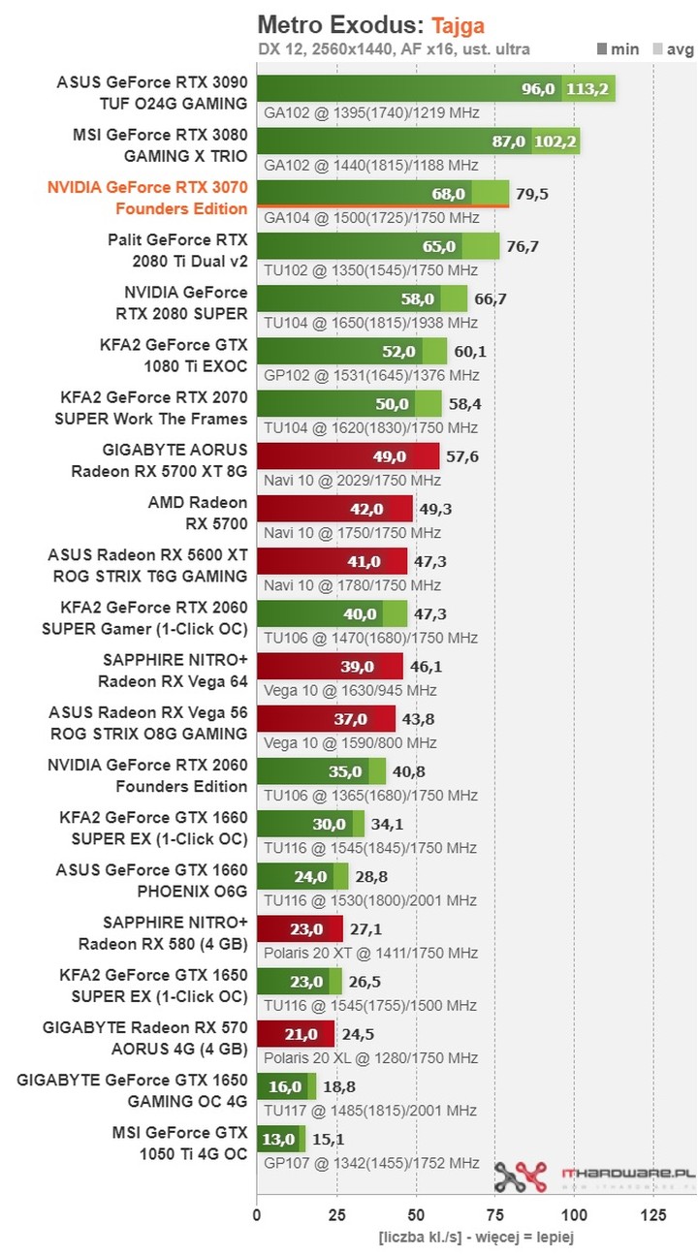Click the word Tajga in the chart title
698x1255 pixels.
coord(459,24)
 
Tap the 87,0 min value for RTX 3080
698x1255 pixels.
coord(509,141)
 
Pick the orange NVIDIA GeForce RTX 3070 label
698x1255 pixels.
coord(147,199)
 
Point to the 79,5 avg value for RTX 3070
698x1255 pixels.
coord(532,194)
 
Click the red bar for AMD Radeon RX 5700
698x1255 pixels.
coord(334,510)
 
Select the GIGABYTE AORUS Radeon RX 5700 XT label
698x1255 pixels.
coord(160,460)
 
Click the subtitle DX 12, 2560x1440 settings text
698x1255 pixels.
coord(394,48)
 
